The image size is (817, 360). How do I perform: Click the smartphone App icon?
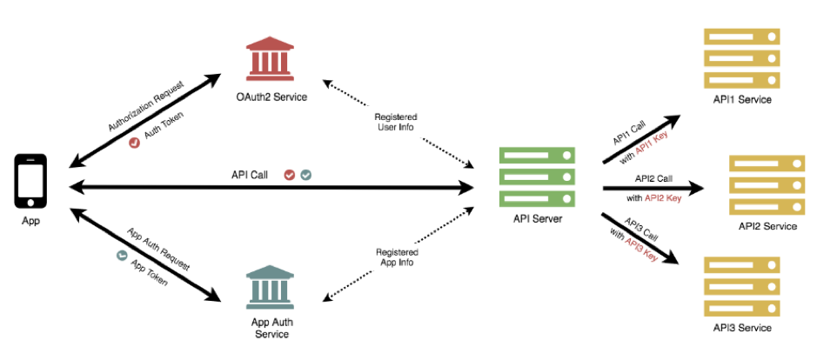pyautogui.click(x=30, y=181)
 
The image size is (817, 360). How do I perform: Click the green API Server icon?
pyautogui.click(x=537, y=177)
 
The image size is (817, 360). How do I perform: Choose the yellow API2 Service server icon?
pyautogui.click(x=765, y=186)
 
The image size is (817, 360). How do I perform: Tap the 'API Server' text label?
pyautogui.click(x=538, y=218)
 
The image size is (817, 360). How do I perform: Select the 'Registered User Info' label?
pyautogui.click(x=396, y=123)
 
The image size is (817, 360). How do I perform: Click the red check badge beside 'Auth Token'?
pyautogui.click(x=135, y=143)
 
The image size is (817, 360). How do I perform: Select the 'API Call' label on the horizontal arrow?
pyautogui.click(x=250, y=175)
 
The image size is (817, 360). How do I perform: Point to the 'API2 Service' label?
pyautogui.click(x=767, y=226)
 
